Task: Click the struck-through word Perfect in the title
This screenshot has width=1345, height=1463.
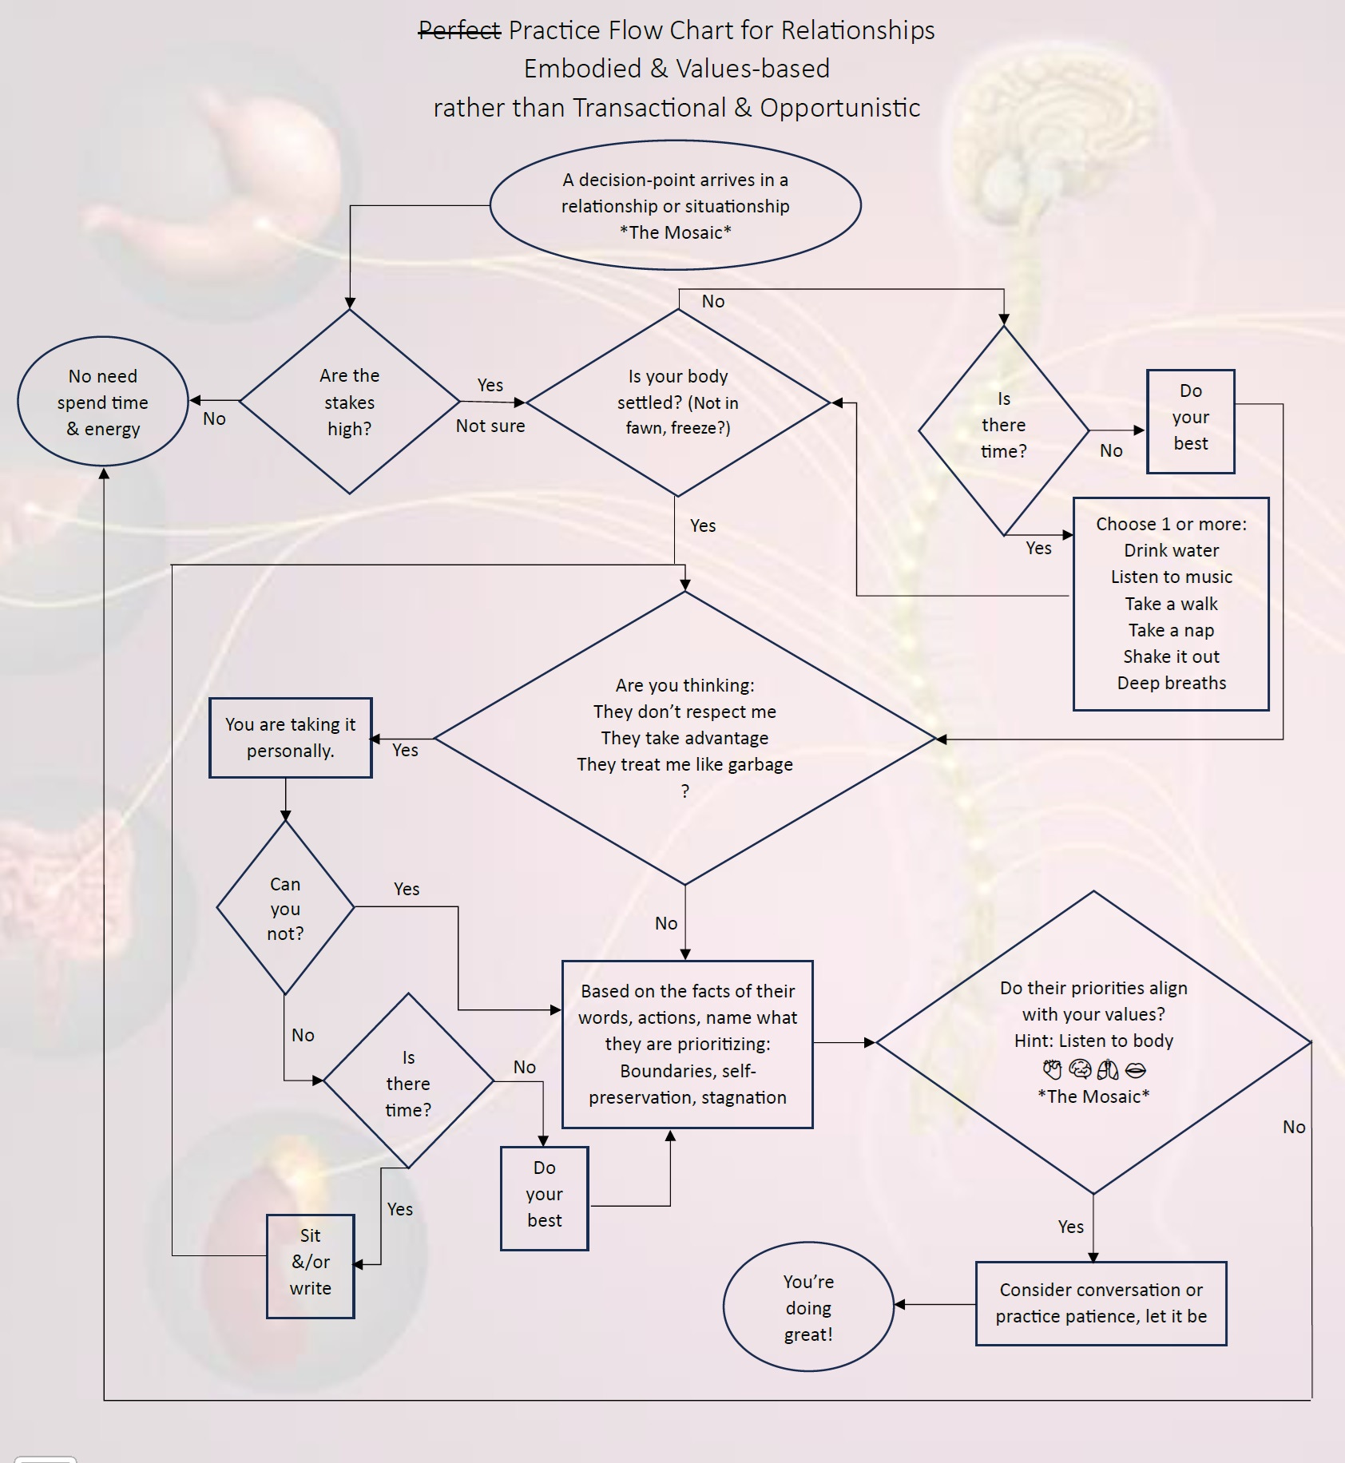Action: pos(460,30)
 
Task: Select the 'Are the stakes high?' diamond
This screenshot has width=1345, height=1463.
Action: pos(349,402)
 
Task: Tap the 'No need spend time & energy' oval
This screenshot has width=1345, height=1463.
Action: pos(102,402)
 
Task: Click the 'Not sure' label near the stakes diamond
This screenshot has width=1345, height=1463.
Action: pos(490,426)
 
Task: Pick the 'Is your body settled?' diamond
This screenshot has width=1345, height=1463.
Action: pos(677,402)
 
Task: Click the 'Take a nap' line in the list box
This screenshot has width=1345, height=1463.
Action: pos(1171,630)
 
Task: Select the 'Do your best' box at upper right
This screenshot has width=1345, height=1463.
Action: pos(1190,421)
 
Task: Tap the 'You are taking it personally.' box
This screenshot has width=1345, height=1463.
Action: pos(290,737)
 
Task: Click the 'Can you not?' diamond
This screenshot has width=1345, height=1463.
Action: pos(285,908)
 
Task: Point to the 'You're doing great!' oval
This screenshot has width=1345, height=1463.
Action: pos(807,1307)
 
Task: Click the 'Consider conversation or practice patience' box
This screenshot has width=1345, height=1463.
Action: pos(1101,1303)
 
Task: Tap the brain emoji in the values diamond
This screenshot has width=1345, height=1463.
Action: pos(1080,1069)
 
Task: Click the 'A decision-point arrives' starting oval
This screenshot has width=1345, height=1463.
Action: pos(675,205)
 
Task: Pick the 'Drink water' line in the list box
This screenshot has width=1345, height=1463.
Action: pos(1171,550)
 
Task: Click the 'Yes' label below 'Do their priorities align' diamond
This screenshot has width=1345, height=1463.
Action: pos(1070,1227)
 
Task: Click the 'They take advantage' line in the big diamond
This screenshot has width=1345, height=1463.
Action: pos(684,738)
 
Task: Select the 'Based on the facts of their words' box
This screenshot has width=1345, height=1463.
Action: pos(687,1044)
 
